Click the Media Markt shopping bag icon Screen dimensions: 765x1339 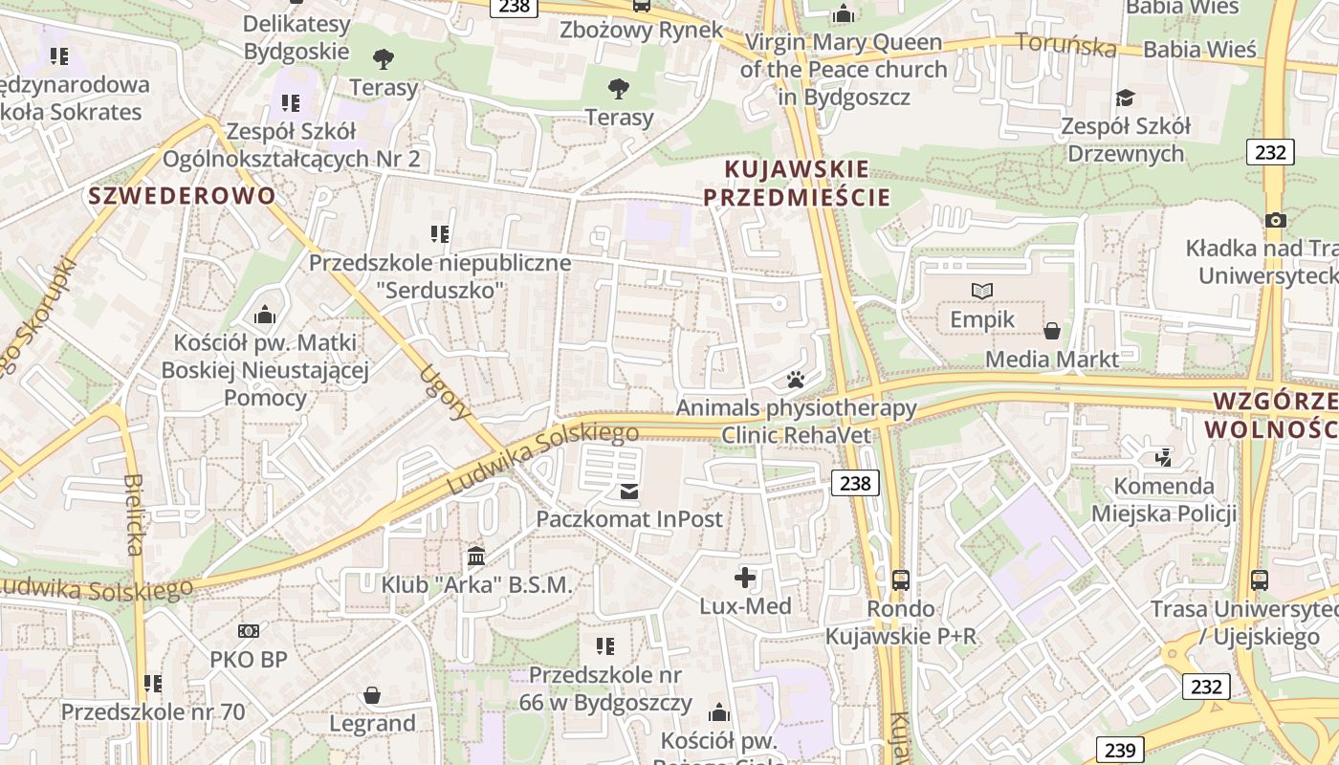point(1052,331)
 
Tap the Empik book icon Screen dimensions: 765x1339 point(982,291)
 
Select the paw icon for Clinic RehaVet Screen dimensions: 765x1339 point(796,380)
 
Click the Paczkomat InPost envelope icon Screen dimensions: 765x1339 point(629,492)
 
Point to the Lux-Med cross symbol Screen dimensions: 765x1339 point(745,578)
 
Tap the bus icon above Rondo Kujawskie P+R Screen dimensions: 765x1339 point(900,579)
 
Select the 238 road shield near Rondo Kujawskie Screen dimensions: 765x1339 point(854,483)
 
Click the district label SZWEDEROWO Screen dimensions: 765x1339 point(182,196)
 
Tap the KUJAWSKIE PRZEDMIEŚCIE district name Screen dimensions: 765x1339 point(797,184)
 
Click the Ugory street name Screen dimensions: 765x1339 point(446,392)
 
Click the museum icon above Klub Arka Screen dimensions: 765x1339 point(476,556)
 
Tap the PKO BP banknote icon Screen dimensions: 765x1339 point(249,631)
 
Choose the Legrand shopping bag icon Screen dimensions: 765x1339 point(372,695)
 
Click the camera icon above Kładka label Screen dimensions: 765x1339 point(1275,220)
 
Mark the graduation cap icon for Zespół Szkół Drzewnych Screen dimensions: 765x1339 point(1126,98)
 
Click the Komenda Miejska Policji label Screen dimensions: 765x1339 point(1164,500)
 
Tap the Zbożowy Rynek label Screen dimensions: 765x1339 point(642,30)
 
